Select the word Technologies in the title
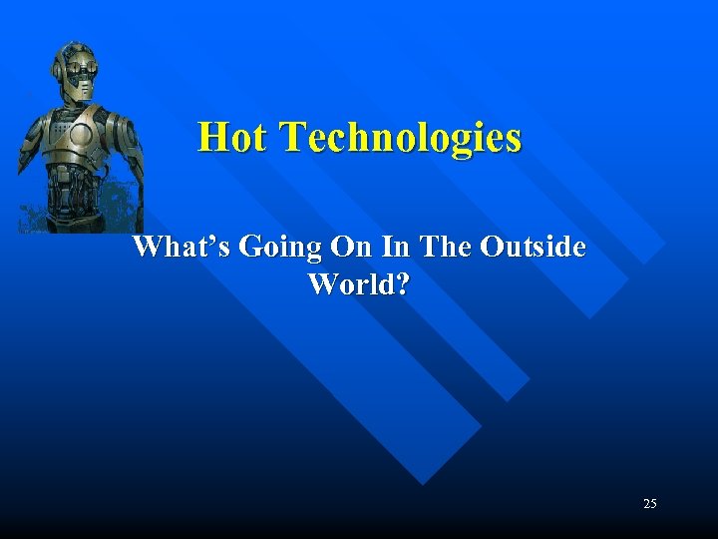[x=401, y=139]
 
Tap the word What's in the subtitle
[x=183, y=247]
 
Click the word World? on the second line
[x=359, y=284]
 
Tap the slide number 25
[x=650, y=504]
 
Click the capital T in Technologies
[x=294, y=137]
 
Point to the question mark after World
[x=401, y=284]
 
